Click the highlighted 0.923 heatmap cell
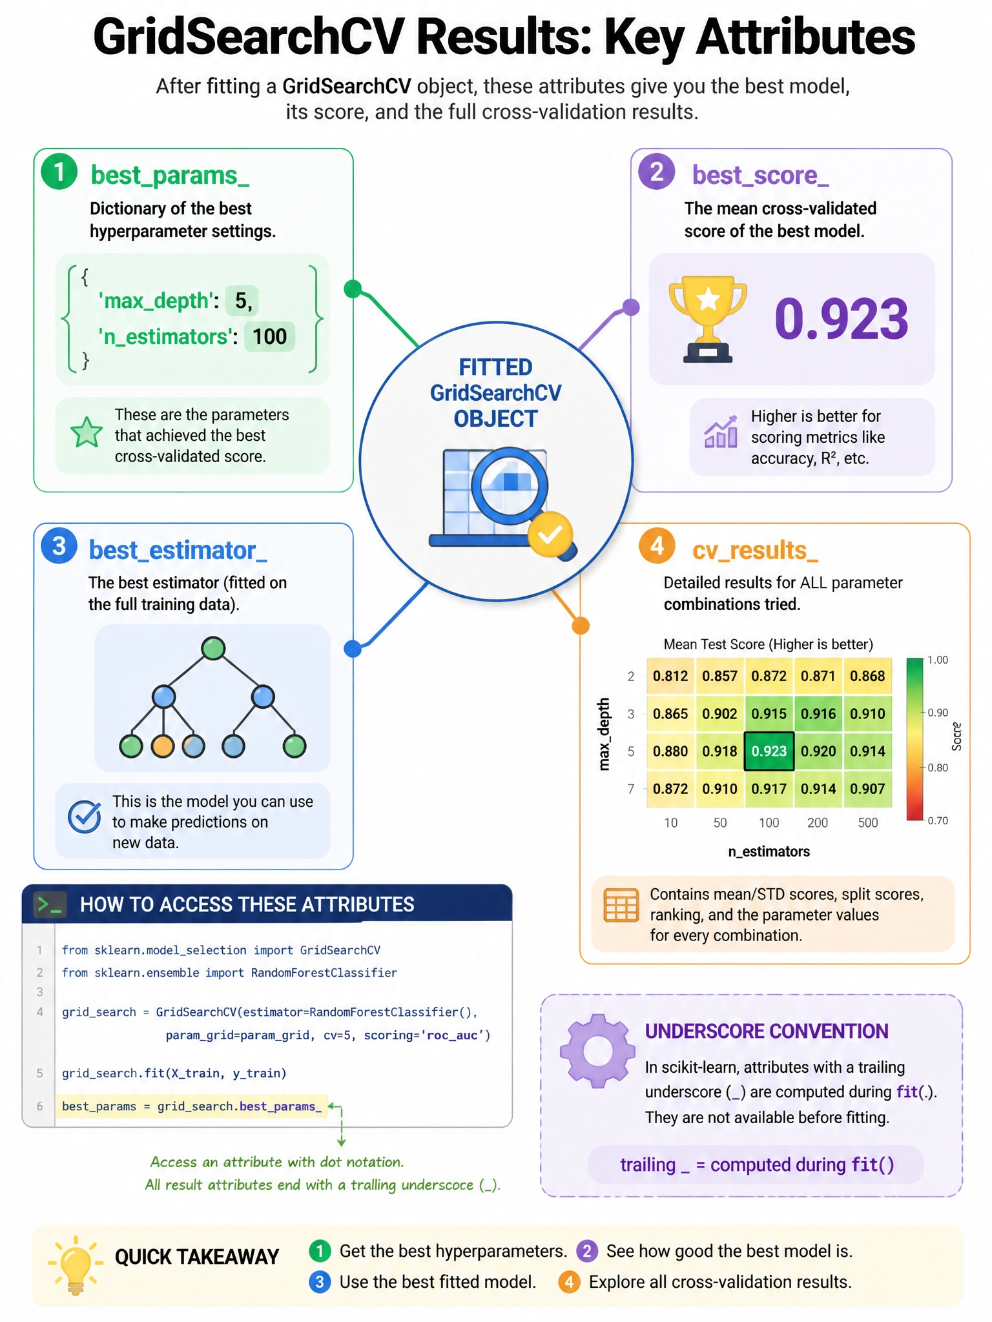coord(769,751)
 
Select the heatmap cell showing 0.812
coord(670,676)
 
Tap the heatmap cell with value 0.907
coord(867,788)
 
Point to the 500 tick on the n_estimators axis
coord(867,822)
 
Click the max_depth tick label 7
coord(631,788)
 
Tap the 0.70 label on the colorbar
coord(938,820)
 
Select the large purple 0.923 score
coord(841,319)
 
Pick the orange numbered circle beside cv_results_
coord(657,546)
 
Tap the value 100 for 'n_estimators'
coord(269,336)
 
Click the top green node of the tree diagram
coord(213,648)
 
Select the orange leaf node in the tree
coord(163,746)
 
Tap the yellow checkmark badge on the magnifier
coord(550,534)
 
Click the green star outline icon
coord(87,432)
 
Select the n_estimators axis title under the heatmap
coord(769,851)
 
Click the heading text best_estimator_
coord(178,550)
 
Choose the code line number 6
coord(39,1106)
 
